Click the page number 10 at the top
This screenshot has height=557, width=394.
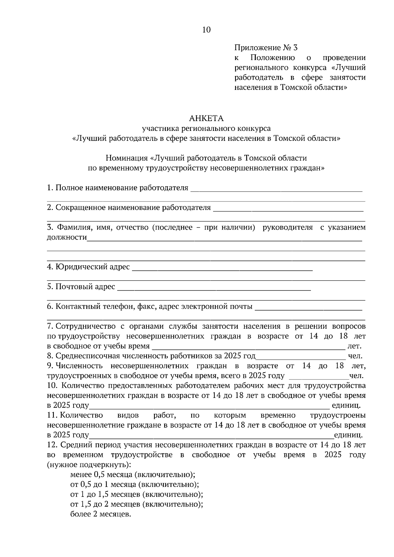206,30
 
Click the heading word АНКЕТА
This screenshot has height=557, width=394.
206,118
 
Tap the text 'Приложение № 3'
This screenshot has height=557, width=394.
266,48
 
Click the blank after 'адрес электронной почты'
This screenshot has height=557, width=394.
308,309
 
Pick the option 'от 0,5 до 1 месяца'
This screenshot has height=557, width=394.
135,484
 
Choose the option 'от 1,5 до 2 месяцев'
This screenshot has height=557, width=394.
137,504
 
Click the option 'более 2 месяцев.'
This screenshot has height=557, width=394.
101,514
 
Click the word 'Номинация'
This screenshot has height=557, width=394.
126,158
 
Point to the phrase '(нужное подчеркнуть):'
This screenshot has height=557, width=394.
89,464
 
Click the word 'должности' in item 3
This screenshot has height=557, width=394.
67,237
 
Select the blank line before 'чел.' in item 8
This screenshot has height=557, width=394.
300,358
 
